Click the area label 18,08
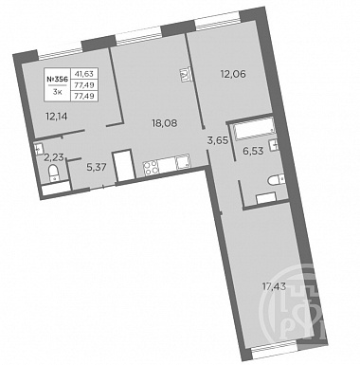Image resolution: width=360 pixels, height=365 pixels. (x=165, y=123)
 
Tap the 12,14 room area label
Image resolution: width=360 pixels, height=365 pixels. (x=57, y=117)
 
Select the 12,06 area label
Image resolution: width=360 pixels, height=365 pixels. (x=234, y=74)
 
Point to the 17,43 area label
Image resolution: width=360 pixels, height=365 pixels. (x=274, y=287)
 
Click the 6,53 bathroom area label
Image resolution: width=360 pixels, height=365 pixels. (x=253, y=152)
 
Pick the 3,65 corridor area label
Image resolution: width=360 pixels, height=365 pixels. (x=218, y=139)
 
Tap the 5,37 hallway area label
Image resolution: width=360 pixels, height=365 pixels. (x=97, y=167)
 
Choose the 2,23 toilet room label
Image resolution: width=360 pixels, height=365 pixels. (x=53, y=157)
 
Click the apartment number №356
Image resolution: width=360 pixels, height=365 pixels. (x=57, y=80)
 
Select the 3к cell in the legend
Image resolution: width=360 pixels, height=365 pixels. (x=57, y=93)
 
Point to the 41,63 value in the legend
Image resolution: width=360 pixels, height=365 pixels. (x=84, y=74)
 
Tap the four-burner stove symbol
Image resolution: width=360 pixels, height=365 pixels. (x=151, y=167)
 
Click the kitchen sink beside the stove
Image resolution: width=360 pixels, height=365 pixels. (x=182, y=162)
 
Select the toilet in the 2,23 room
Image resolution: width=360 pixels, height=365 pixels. (x=55, y=173)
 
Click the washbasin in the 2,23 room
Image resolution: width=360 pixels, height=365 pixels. (x=39, y=148)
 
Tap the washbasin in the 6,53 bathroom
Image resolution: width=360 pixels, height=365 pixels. (x=275, y=145)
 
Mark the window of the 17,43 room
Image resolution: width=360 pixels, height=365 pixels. (x=275, y=353)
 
